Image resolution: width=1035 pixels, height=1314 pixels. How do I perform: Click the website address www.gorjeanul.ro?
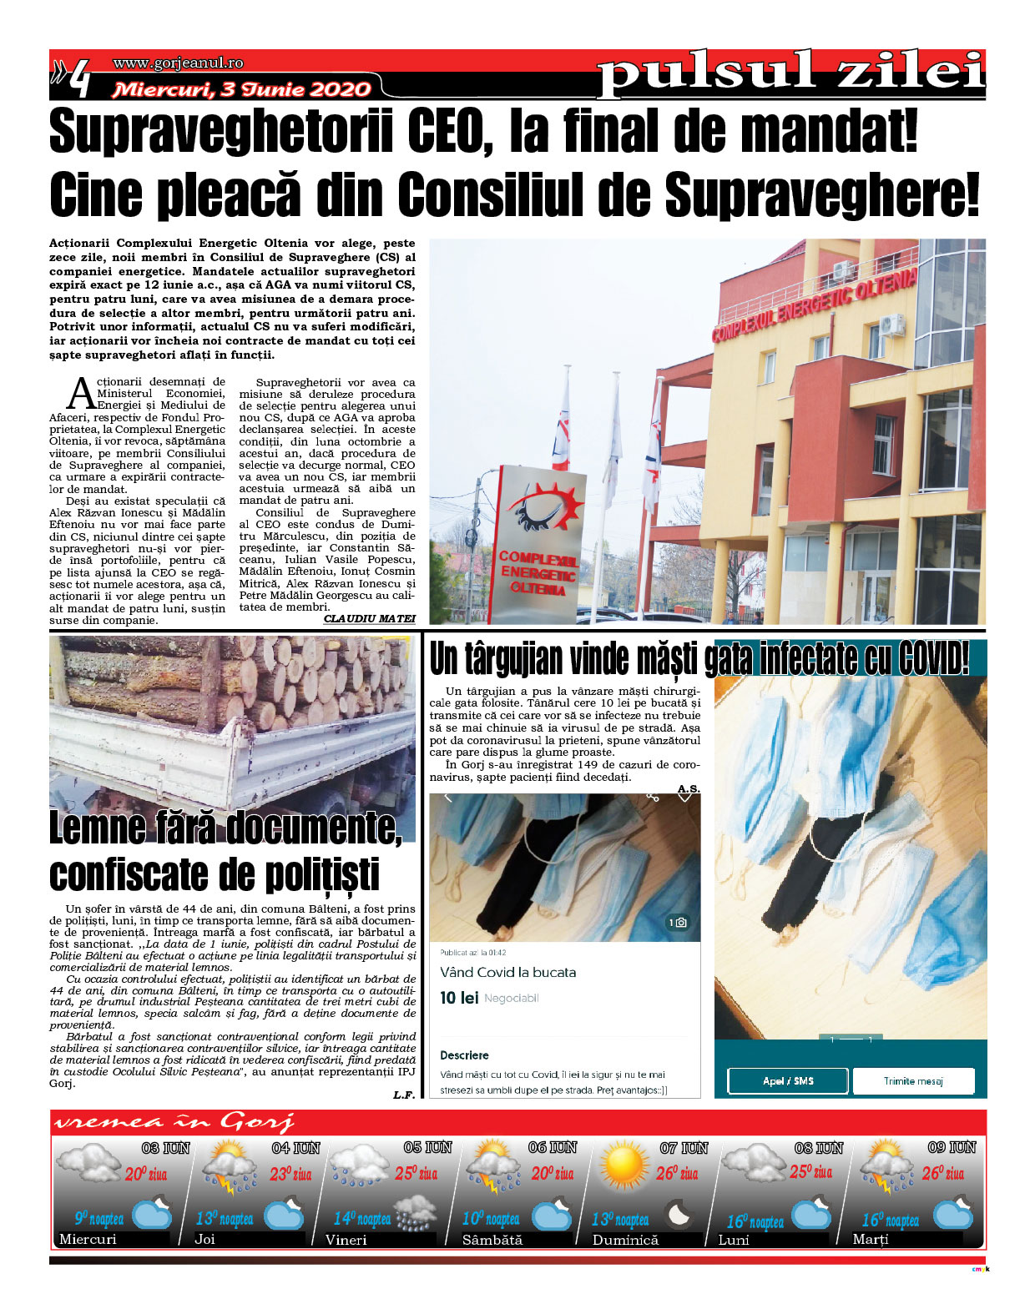178,63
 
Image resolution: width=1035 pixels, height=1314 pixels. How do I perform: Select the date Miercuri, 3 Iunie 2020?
242,89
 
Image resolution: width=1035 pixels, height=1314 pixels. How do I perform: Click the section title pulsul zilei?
791,73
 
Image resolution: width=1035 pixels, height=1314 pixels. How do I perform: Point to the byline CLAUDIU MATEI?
369,619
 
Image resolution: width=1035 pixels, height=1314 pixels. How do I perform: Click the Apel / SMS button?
787,1081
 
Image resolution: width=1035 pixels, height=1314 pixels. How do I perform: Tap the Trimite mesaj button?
913,1081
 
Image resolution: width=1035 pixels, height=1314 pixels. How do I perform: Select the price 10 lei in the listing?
459,998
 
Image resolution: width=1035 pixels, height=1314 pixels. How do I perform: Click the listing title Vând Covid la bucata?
507,972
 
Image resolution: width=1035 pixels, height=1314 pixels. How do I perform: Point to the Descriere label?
464,1055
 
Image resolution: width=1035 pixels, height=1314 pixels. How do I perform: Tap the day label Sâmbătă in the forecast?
492,1240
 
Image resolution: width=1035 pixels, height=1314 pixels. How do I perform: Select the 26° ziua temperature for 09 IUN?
942,1174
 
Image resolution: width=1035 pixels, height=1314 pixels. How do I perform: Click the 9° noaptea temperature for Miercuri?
99,1219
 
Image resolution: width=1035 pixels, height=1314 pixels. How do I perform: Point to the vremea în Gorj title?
174,1123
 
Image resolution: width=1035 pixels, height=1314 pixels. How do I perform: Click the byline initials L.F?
403,1095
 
